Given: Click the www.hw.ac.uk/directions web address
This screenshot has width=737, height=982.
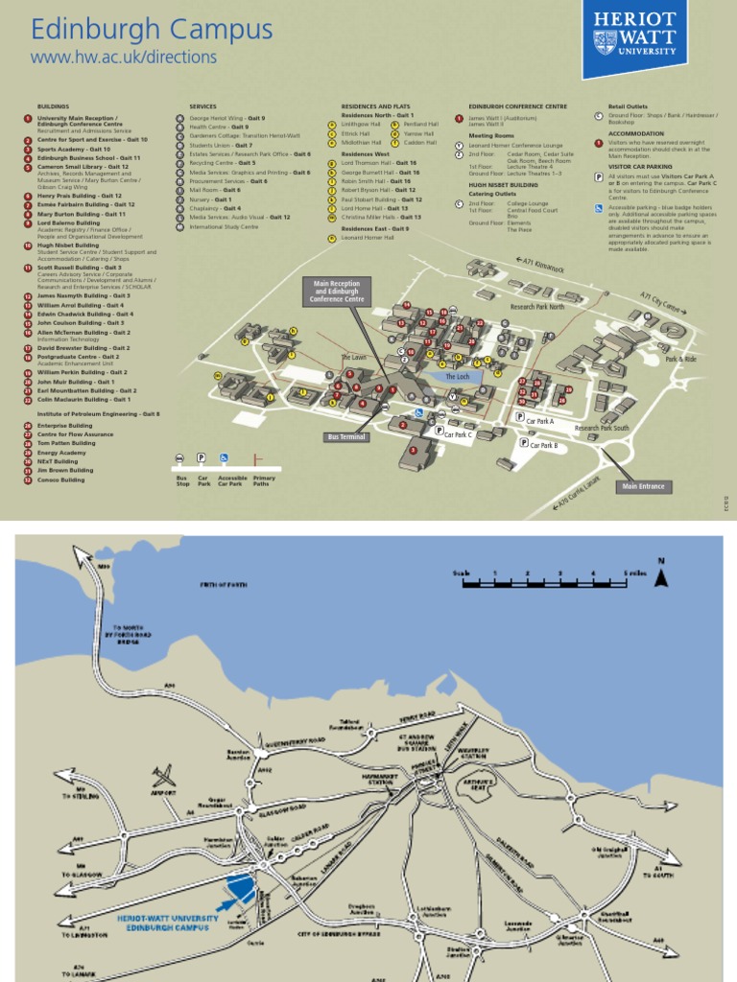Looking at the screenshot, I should tap(124, 58).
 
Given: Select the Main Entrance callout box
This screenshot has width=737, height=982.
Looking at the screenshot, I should tap(642, 486).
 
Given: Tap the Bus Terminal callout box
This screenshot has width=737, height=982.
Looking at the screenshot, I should tap(345, 436).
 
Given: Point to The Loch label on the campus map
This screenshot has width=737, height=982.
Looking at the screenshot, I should tap(458, 378).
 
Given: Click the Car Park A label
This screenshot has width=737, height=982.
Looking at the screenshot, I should tap(539, 421).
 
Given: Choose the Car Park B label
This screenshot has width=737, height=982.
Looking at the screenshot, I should tap(542, 445).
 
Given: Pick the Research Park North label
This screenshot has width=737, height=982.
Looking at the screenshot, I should tap(536, 307).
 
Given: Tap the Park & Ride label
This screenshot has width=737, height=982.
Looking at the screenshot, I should tap(680, 359).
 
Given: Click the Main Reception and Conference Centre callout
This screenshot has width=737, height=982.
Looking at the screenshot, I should tap(336, 292).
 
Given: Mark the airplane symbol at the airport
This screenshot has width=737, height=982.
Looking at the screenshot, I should tap(164, 774).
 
